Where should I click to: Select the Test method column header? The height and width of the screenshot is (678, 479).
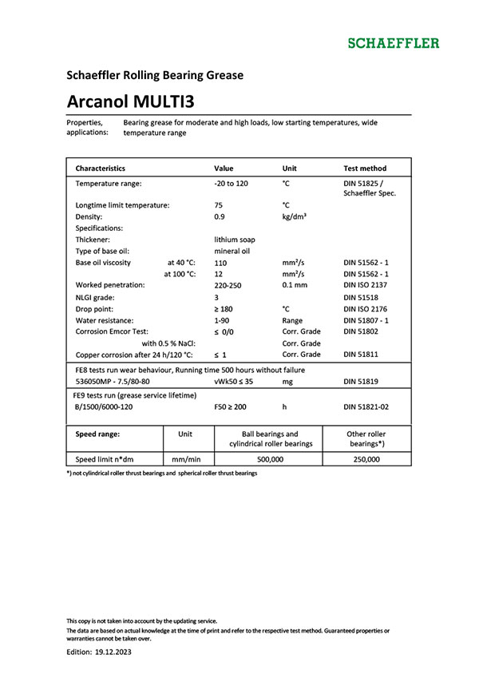[x=364, y=169]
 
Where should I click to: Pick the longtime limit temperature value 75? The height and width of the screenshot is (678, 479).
[x=219, y=205]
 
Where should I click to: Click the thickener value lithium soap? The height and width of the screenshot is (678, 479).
[x=235, y=240]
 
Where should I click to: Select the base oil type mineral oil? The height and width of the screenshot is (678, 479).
[x=232, y=251]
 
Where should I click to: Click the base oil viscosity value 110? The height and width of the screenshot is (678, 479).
[x=221, y=262]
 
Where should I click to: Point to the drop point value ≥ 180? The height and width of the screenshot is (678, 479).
[x=226, y=308]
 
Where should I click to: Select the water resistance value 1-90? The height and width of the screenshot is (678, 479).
[x=223, y=319]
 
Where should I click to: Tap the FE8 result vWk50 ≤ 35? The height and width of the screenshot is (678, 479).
[x=234, y=382]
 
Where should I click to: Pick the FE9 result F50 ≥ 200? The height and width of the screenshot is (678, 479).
[x=232, y=406]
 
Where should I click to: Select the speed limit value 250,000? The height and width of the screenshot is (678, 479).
[x=366, y=460]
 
